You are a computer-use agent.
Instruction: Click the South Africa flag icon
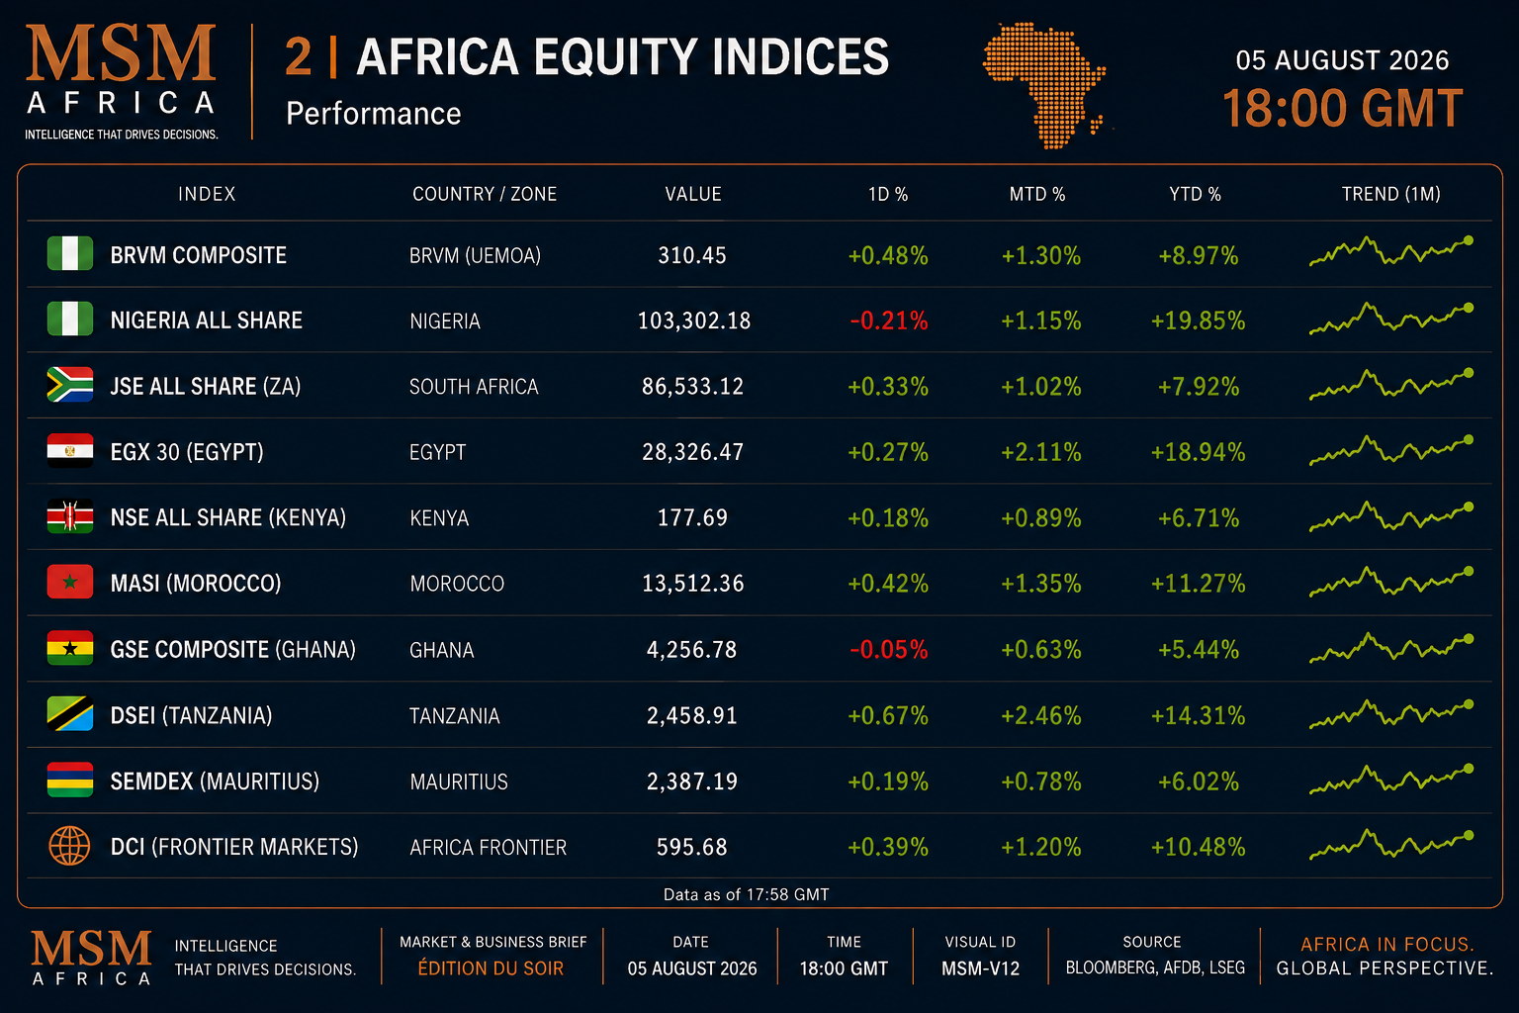(x=70, y=385)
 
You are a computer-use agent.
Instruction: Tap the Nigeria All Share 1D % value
(x=888, y=321)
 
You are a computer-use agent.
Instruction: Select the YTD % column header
(x=1195, y=194)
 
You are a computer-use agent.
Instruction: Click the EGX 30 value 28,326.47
(x=692, y=452)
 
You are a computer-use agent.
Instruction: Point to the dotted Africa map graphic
(x=1044, y=85)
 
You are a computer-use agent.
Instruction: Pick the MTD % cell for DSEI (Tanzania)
(x=1041, y=716)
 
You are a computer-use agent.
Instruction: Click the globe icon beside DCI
(x=69, y=846)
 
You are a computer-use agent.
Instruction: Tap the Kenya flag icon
(x=70, y=516)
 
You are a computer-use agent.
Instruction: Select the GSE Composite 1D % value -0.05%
(x=888, y=650)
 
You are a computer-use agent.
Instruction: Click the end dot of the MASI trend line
(x=1469, y=572)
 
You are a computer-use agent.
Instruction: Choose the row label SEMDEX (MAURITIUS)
(x=215, y=782)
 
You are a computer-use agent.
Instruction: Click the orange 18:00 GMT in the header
(x=1342, y=109)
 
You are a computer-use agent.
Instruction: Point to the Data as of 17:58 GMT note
(x=746, y=894)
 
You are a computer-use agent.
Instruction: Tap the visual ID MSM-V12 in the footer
(x=980, y=968)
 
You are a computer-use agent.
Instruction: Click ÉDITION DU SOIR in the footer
(x=491, y=968)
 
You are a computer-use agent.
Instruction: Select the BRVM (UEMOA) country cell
(x=475, y=256)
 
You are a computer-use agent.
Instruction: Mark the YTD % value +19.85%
(x=1199, y=321)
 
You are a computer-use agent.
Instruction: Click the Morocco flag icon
(x=70, y=582)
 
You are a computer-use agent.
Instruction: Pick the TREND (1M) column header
(x=1390, y=194)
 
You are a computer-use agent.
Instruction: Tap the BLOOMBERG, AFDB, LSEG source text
(x=1155, y=968)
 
